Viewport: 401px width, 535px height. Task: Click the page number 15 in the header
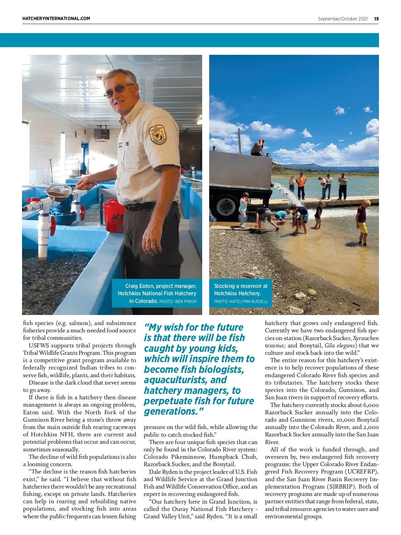pos(376,19)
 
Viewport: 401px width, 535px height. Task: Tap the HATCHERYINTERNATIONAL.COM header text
pos(56,19)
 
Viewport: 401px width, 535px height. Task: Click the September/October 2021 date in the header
pos(343,19)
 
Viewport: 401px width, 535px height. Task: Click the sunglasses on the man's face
pos(119,90)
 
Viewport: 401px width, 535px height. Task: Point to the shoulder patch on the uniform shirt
pos(158,134)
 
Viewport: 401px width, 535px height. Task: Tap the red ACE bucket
pos(114,216)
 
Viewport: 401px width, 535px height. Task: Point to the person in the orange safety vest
pos(301,185)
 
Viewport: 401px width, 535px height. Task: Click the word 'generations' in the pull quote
pos(170,411)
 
